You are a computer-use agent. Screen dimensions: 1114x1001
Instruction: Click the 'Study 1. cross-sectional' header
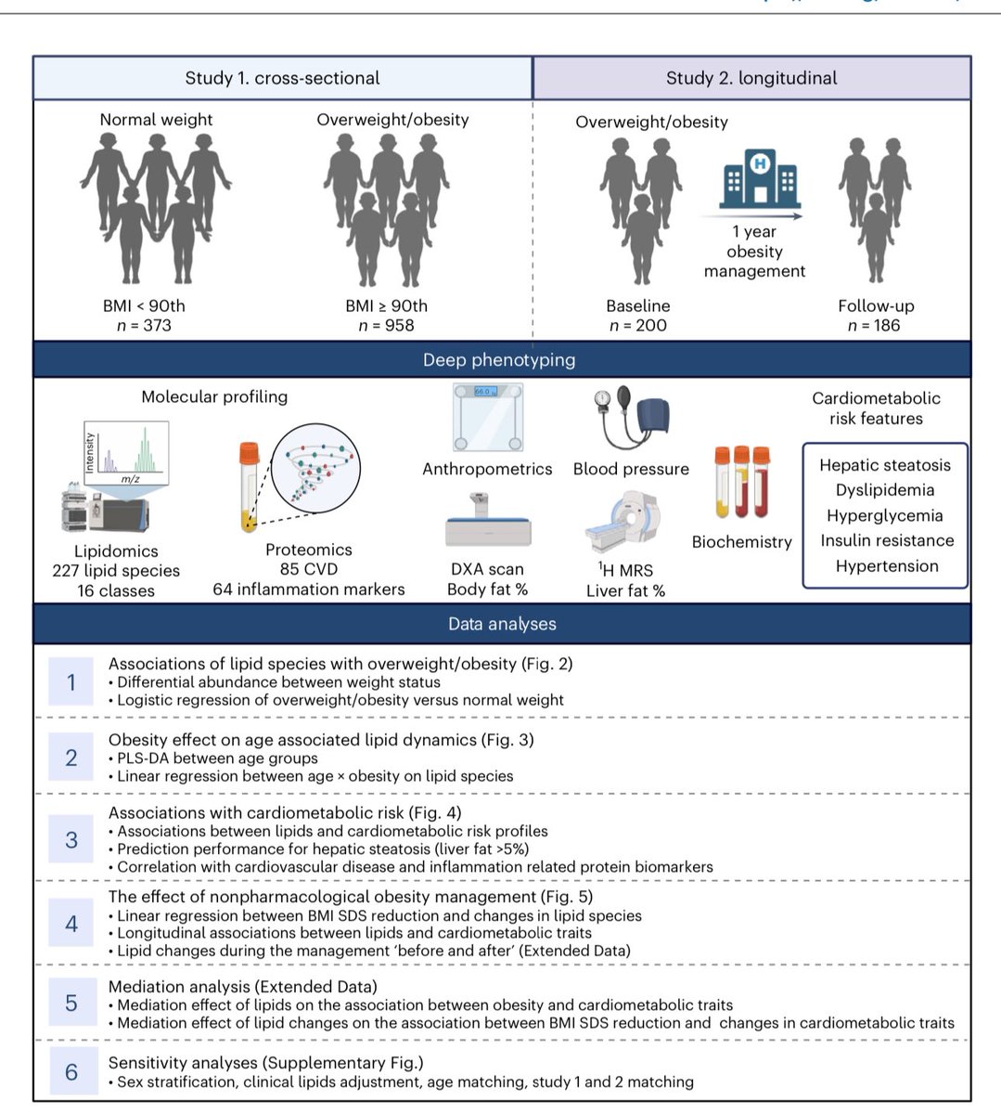[282, 78]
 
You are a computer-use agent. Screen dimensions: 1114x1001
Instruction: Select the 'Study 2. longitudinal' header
[751, 78]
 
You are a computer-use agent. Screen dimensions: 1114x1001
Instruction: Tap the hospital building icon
[760, 180]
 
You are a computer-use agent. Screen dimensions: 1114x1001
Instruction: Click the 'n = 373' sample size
[144, 325]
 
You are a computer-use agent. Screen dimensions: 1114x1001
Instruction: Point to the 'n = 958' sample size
[386, 325]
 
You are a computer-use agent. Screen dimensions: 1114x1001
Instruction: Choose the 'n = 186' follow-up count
[873, 325]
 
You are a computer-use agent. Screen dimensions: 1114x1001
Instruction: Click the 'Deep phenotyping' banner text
[499, 359]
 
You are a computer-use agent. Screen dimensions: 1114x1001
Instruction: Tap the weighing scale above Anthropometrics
[487, 417]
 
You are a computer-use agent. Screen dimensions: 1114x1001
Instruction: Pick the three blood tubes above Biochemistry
[742, 483]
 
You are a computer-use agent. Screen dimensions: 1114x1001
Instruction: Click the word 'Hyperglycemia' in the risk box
[884, 515]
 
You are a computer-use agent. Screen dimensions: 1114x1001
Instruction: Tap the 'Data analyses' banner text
[502, 624]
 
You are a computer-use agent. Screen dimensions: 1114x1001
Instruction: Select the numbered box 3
[71, 840]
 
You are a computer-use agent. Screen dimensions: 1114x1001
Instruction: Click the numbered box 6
[71, 1072]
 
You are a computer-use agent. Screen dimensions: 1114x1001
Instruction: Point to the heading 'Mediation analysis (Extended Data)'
[242, 986]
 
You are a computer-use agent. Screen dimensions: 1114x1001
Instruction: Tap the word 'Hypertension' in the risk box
[886, 565]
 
